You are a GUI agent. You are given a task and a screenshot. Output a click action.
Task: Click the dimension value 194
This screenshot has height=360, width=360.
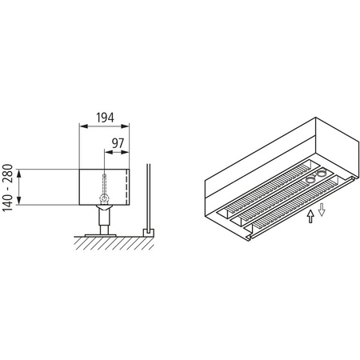pyautogui.click(x=104, y=118)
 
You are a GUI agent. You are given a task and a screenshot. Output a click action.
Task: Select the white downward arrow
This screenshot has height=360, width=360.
pyautogui.click(x=322, y=210)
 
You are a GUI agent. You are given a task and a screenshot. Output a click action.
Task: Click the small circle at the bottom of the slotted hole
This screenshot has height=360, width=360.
pyautogui.click(x=104, y=196)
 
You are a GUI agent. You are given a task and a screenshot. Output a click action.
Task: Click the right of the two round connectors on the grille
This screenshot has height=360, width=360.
pyautogui.click(x=322, y=173)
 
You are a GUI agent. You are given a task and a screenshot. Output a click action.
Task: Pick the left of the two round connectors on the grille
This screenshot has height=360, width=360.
pyautogui.click(x=310, y=180)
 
